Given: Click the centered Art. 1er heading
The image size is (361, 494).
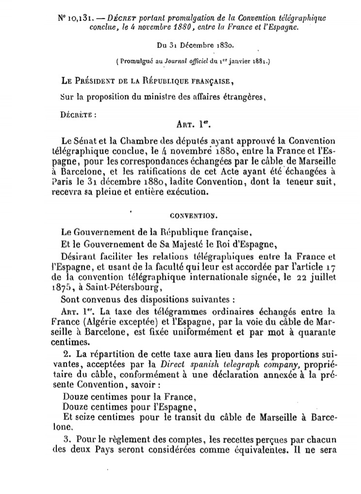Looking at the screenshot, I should pos(192,125).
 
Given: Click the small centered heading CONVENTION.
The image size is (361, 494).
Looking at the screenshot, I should pos(189,212).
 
